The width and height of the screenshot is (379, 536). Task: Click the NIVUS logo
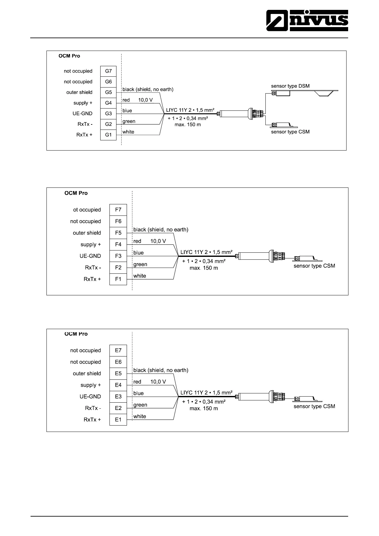[x=307, y=20]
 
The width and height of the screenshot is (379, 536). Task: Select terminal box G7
[x=109, y=71]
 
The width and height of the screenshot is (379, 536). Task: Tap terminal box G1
[x=109, y=135]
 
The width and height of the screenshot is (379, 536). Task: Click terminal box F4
[x=118, y=244]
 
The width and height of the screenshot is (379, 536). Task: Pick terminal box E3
[x=118, y=397]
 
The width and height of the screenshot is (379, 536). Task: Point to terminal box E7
[x=118, y=350]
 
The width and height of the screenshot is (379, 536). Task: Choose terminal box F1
[x=118, y=279]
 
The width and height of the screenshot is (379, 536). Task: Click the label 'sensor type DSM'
[x=290, y=86]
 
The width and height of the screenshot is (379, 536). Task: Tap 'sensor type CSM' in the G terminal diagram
[x=290, y=132]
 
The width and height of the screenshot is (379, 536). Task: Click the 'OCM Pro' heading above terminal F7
[x=76, y=193]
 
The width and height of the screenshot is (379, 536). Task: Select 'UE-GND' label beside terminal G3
[x=82, y=114]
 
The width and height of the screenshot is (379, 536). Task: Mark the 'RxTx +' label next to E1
[x=92, y=420]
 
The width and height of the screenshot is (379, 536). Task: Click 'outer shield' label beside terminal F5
[x=87, y=233]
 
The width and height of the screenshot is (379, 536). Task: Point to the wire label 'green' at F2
[x=140, y=264]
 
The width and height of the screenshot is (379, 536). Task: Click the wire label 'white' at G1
[x=128, y=132]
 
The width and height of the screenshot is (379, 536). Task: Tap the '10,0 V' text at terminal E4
[x=158, y=382]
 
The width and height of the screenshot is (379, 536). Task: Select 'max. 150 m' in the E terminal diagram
[x=204, y=408]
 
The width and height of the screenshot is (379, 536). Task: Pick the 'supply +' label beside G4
[x=83, y=103]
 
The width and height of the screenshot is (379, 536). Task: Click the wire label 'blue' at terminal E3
[x=138, y=393]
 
